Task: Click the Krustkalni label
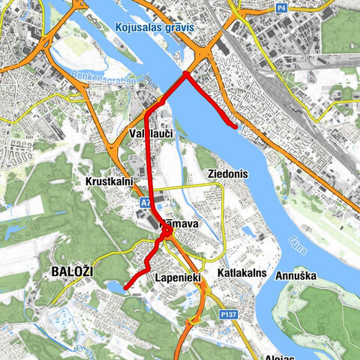coord(109,182)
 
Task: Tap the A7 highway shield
coord(145,203)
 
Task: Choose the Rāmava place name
coord(178,224)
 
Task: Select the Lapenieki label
coord(177,278)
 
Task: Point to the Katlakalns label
coord(242,273)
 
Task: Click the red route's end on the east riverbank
coord(238,127)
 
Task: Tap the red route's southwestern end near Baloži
coord(125,286)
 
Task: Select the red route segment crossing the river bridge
coord(166,91)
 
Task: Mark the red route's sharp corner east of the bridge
coord(185,73)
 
